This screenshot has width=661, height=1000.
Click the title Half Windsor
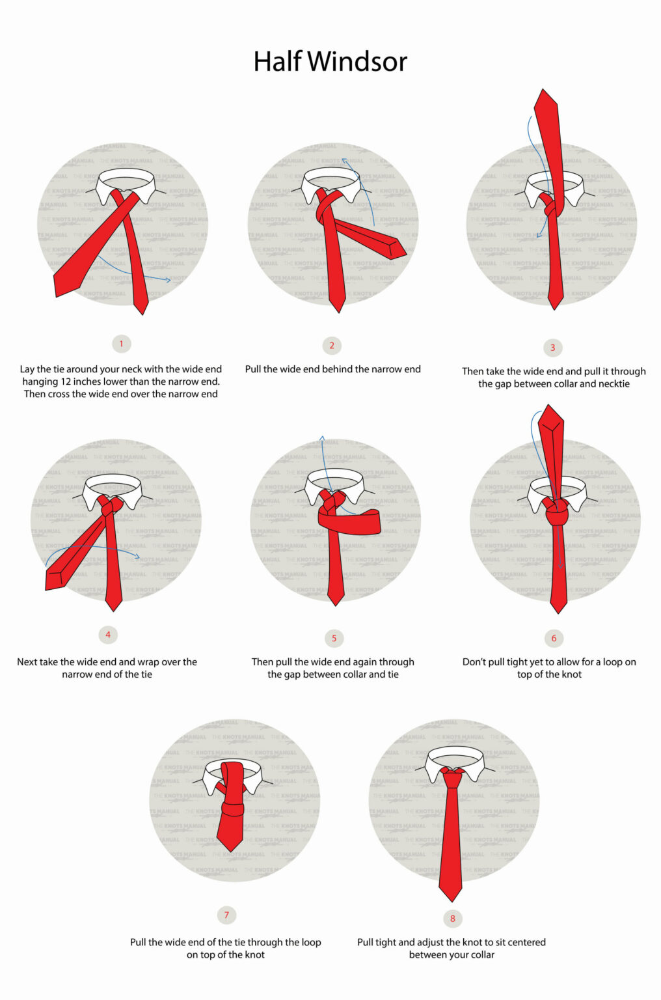330,62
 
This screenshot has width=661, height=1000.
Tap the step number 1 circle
121,344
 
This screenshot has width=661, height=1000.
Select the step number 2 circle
332,346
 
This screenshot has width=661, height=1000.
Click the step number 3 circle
552,348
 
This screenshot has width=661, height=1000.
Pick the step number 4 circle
108,635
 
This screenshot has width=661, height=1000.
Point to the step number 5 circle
334,638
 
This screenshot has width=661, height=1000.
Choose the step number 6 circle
554,638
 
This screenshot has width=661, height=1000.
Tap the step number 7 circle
226,915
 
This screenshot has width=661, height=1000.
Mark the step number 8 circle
453,919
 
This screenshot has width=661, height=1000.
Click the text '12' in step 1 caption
66,382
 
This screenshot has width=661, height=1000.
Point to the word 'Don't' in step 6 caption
474,661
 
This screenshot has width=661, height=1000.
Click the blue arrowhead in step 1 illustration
169,280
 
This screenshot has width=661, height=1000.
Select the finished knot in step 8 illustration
452,777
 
